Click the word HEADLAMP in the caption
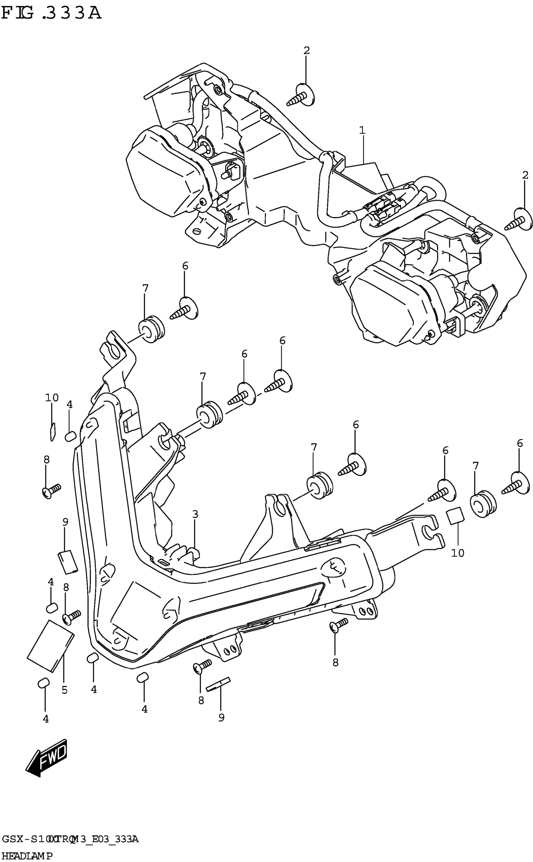[x=26, y=856]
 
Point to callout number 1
[x=362, y=130]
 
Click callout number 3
[x=195, y=514]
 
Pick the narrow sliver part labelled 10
[x=53, y=431]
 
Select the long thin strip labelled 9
[x=218, y=684]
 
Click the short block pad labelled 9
[x=68, y=562]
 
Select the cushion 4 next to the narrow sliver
[x=71, y=436]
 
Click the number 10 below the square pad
[x=457, y=553]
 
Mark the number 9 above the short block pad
[x=65, y=522]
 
